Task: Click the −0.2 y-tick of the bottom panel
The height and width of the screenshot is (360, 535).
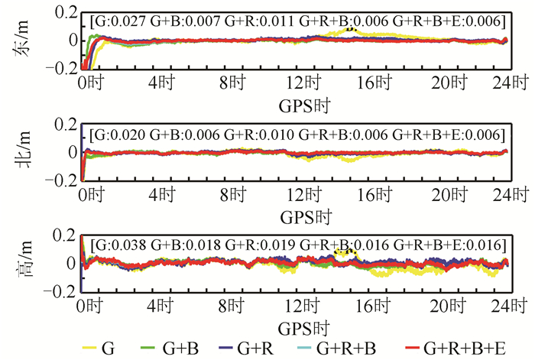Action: click(x=63, y=291)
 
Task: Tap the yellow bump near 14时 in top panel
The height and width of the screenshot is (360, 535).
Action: click(x=349, y=31)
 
